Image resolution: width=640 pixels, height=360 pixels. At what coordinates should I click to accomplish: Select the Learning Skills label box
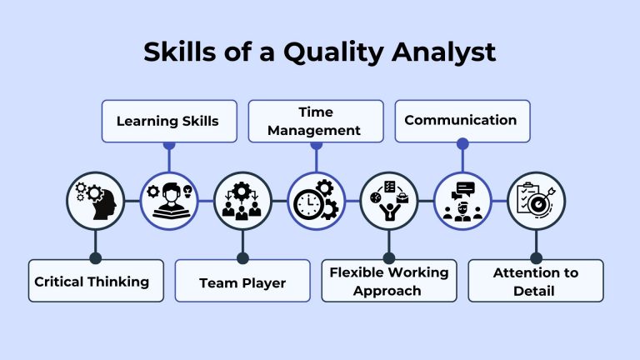click(168, 121)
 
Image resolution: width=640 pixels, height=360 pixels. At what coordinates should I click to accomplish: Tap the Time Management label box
click(316, 121)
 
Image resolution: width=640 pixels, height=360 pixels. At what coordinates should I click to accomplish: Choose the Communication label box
click(461, 121)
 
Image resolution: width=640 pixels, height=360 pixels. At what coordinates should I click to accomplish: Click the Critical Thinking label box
click(92, 282)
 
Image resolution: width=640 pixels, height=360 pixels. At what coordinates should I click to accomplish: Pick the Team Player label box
click(242, 282)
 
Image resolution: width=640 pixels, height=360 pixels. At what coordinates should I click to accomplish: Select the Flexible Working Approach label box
click(389, 282)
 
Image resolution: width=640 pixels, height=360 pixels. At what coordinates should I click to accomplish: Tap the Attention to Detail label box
click(536, 282)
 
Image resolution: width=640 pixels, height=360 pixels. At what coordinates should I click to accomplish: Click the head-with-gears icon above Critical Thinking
click(95, 200)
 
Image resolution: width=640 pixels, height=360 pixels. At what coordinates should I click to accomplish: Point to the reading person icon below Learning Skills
click(168, 200)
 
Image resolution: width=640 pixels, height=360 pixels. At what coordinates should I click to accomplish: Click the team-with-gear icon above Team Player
click(242, 200)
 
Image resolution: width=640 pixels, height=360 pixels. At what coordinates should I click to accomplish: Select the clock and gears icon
click(316, 201)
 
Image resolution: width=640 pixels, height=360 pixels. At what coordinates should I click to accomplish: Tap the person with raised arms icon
click(389, 200)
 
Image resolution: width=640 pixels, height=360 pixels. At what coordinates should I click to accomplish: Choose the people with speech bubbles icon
click(462, 200)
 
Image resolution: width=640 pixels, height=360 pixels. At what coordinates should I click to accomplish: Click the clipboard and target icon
click(536, 200)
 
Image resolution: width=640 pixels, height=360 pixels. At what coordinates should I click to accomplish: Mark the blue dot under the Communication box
click(462, 143)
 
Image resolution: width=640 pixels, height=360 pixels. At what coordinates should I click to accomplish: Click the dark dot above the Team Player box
click(242, 258)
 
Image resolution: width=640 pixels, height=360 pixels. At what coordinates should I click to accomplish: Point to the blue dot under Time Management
click(316, 143)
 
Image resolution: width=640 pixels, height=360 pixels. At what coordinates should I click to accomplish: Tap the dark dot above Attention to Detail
click(536, 258)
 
